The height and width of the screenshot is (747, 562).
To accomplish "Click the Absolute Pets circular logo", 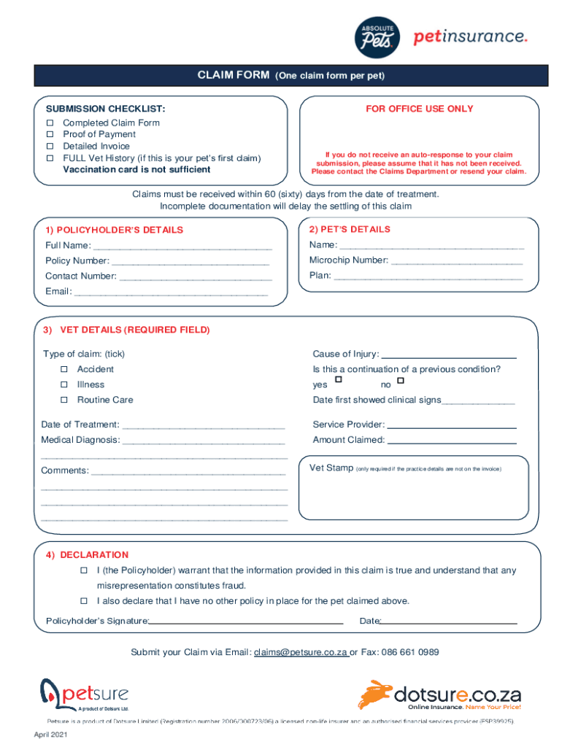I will click(377, 37).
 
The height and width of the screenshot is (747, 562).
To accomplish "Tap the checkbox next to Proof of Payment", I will click(51, 134).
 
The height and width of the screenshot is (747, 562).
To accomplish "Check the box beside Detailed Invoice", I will click(51, 146).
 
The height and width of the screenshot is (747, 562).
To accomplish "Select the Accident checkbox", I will click(64, 369).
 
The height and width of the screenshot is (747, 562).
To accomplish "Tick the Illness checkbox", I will click(64, 384).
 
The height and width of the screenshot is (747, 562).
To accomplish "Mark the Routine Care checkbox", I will click(64, 400).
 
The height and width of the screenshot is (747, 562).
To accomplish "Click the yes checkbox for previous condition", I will click(338, 380).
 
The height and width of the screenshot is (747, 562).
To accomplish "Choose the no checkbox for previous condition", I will click(401, 380).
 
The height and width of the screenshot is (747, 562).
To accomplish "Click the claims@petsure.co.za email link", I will click(301, 652).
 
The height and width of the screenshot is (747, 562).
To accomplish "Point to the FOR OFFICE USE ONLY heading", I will click(420, 109).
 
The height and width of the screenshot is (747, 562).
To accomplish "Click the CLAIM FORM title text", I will click(234, 75).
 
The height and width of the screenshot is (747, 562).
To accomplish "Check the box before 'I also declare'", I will click(84, 601).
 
